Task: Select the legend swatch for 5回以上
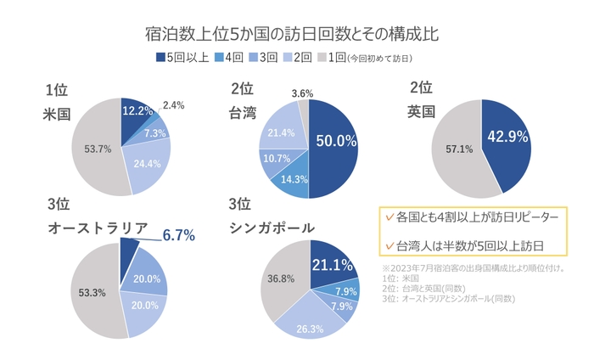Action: click(160, 58)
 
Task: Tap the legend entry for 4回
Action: click(227, 58)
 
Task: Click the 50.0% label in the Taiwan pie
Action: click(335, 141)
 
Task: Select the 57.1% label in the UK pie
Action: click(454, 149)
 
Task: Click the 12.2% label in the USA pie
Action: click(137, 111)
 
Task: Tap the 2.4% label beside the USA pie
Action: click(174, 105)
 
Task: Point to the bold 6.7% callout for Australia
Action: click(179, 235)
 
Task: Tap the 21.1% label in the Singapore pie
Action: click(332, 265)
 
